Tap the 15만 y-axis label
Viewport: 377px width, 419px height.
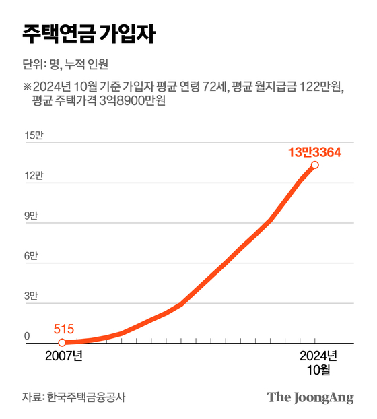point(34,136)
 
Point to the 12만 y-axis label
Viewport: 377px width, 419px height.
point(34,176)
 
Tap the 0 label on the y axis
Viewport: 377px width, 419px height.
point(28,336)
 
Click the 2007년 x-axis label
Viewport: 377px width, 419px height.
point(64,356)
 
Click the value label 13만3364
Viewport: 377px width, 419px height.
point(314,152)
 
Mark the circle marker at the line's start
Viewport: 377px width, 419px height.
point(62,343)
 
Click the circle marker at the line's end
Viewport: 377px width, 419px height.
point(314,165)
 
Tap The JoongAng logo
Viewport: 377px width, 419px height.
point(310,397)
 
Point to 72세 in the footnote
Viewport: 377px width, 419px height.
point(217,87)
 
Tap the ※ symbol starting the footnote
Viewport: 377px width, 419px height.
point(28,87)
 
